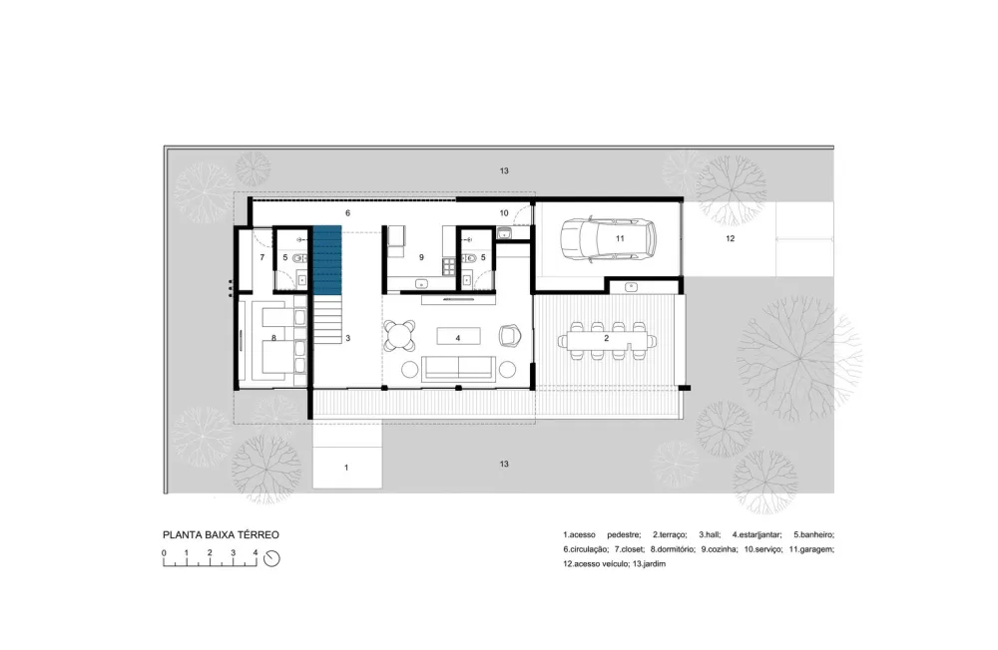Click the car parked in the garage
[608, 239]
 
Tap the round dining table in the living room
[401, 335]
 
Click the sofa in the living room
[458, 368]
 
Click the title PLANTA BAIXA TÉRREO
[221, 534]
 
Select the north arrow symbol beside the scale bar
[271, 558]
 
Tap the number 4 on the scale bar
[254, 551]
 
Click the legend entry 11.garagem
[811, 549]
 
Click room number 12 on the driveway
[730, 239]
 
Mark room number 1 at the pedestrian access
[346, 467]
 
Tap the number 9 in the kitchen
[422, 257]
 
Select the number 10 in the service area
[504, 213]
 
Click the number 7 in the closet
[261, 257]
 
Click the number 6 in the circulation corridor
[347, 213]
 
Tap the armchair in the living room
[510, 335]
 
